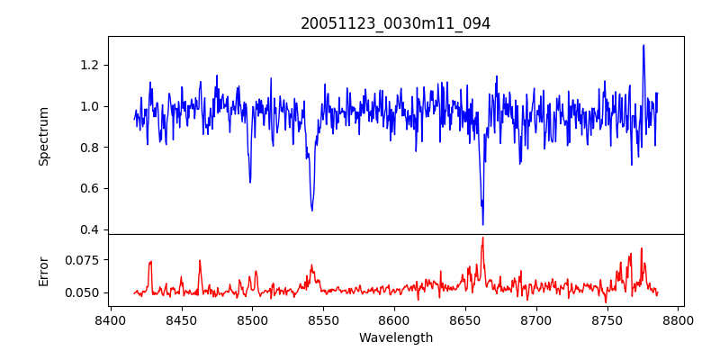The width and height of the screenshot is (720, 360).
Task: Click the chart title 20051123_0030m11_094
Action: [396, 24]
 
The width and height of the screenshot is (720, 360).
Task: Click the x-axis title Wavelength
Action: [396, 338]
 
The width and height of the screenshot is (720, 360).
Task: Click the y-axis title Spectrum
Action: [44, 136]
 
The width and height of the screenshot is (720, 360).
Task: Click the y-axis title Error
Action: [44, 270]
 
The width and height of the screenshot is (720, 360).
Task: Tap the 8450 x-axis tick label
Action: [182, 319]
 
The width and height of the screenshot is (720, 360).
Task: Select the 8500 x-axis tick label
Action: [253, 319]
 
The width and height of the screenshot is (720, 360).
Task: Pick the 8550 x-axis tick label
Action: [324, 319]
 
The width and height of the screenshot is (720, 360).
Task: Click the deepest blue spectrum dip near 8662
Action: [482, 224]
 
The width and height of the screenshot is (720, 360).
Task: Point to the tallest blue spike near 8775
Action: [643, 45]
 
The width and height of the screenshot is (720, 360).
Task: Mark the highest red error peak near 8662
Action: [482, 238]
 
